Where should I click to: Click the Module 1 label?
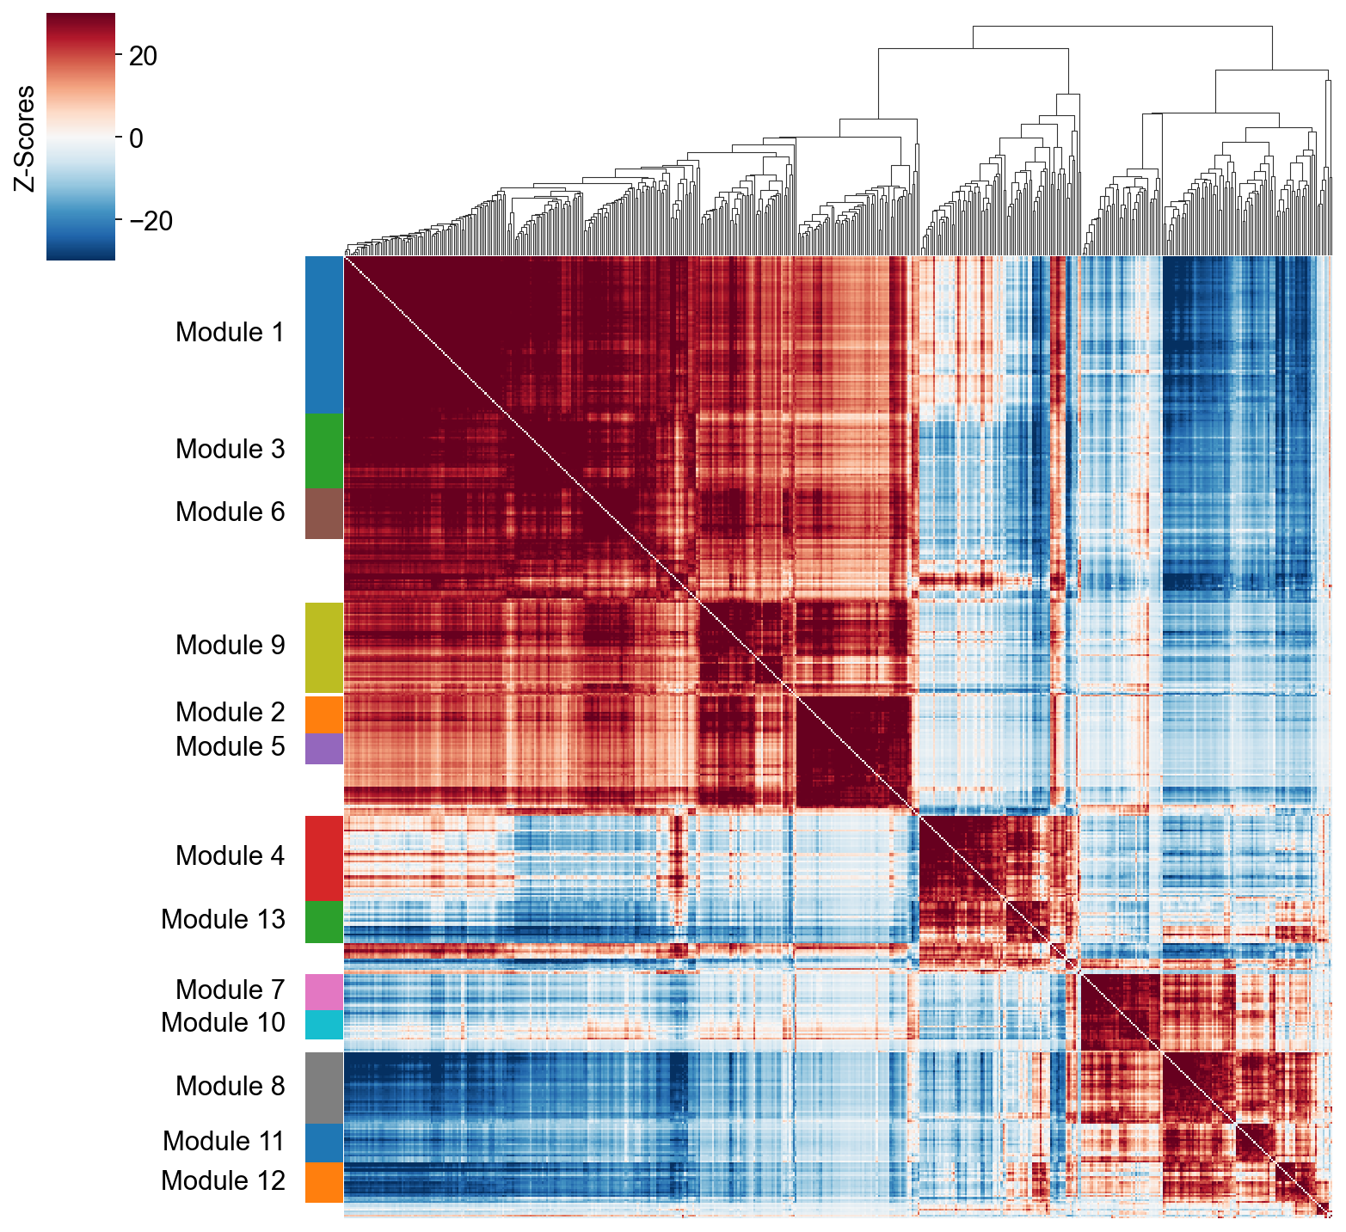230,333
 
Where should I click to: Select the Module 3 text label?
230,450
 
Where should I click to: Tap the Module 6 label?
230,512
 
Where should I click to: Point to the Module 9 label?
230,646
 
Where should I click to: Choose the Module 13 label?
223,920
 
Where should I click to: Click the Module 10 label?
223,1023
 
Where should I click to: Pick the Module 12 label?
223,1181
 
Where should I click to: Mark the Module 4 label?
230,856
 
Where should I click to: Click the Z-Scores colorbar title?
25,138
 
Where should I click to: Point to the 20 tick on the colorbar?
143,57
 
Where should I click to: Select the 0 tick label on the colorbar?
136,138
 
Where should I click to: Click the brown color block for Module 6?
324,513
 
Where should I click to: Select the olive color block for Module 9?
324,647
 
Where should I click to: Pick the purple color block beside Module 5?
324,749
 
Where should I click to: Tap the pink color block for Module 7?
324,991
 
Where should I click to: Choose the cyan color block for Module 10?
324,1025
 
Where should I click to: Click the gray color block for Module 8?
324,1088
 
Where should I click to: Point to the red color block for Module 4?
324,857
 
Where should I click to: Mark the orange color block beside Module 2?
324,714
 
